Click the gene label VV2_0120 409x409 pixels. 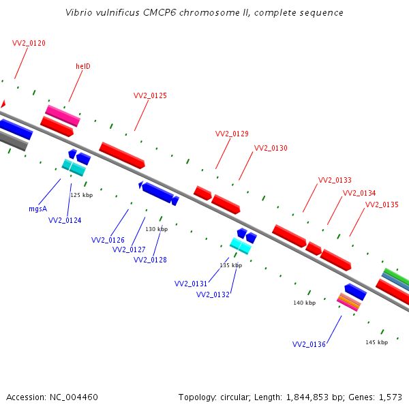point(29,43)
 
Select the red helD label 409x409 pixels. point(83,66)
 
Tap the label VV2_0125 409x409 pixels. point(150,95)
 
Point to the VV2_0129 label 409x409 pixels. point(232,134)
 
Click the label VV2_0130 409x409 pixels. point(271,148)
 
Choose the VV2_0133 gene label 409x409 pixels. point(335,180)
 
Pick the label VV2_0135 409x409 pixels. point(382,204)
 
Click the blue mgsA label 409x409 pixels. point(37,209)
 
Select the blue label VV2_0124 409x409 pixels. point(65,220)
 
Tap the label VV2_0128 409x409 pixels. point(150,260)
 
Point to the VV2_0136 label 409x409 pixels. point(309,344)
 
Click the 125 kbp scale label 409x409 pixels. point(80,195)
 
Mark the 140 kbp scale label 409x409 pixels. point(304,303)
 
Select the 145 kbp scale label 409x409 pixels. point(376,342)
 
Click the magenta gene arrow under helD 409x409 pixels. point(63,115)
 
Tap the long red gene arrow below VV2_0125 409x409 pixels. point(122,155)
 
